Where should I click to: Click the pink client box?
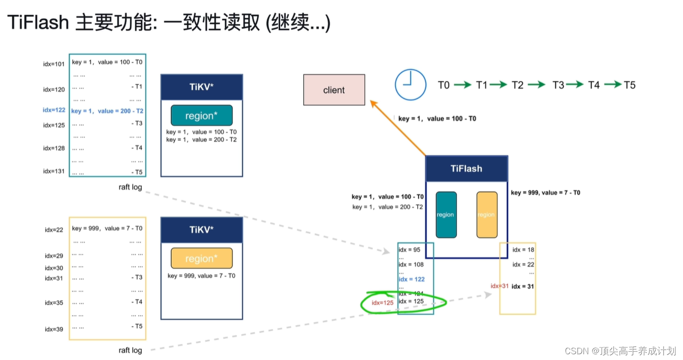334,90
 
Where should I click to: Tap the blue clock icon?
410,85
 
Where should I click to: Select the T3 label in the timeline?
558,85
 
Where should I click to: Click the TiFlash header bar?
466,169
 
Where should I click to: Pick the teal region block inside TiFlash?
446,215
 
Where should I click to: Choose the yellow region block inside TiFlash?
486,215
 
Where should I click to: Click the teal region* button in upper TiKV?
201,116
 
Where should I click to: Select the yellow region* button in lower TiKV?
201,259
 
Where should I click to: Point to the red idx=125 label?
383,303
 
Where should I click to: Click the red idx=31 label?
499,286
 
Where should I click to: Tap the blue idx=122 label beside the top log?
54,110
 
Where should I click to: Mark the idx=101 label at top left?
54,64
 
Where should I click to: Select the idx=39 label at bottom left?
54,329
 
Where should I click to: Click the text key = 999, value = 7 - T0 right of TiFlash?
545,193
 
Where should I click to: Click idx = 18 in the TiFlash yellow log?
523,250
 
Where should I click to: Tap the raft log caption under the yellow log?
130,350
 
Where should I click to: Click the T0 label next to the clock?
444,85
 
